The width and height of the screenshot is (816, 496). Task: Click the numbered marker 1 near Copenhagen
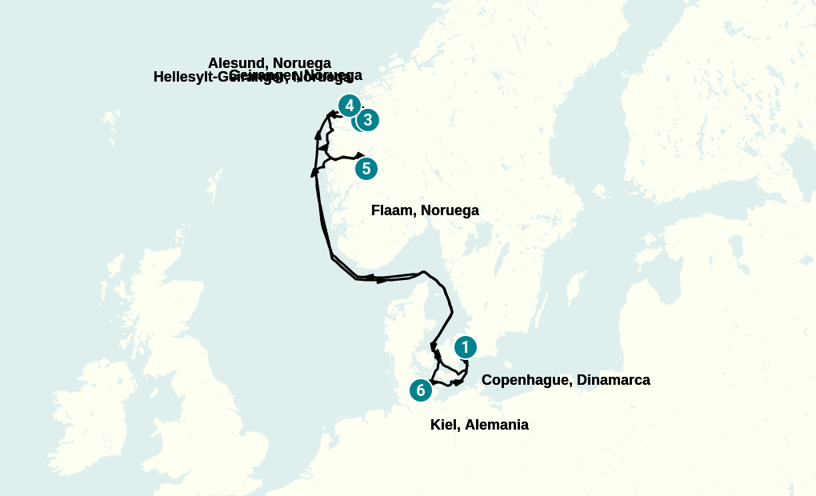pyautogui.click(x=465, y=347)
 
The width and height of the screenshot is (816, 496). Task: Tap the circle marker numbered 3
pyautogui.click(x=367, y=120)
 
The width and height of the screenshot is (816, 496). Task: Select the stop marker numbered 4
pyautogui.click(x=349, y=106)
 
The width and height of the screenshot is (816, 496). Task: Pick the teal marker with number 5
pyautogui.click(x=366, y=169)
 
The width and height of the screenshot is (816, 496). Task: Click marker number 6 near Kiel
pyautogui.click(x=421, y=390)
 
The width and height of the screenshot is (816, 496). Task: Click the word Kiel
pyautogui.click(x=443, y=425)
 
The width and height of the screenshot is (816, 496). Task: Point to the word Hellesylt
pyautogui.click(x=183, y=78)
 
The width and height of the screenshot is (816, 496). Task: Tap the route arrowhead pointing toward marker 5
pyautogui.click(x=361, y=154)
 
